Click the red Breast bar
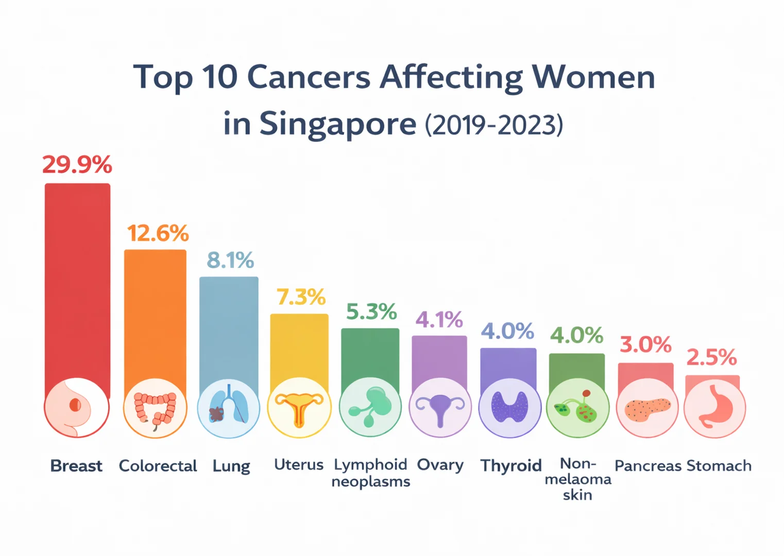pyautogui.click(x=77, y=283)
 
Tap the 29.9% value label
pyautogui.click(x=77, y=165)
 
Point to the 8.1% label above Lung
pyautogui.click(x=230, y=260)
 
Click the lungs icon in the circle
pyautogui.click(x=229, y=408)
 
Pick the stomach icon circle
pyautogui.click(x=714, y=408)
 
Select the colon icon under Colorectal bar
pyautogui.click(x=155, y=408)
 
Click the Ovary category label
pyautogui.click(x=440, y=465)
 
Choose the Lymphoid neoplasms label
pyautogui.click(x=371, y=473)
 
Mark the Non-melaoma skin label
pyautogui.click(x=577, y=479)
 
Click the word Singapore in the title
pyautogui.click(x=337, y=124)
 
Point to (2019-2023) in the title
pyautogui.click(x=494, y=125)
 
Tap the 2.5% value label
pyautogui.click(x=711, y=357)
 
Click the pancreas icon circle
pyautogui.click(x=647, y=408)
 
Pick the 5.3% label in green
pyautogui.click(x=371, y=311)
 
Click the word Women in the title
pyautogui.click(x=593, y=77)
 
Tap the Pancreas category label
pyautogui.click(x=648, y=466)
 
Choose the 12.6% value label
pyautogui.click(x=158, y=233)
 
